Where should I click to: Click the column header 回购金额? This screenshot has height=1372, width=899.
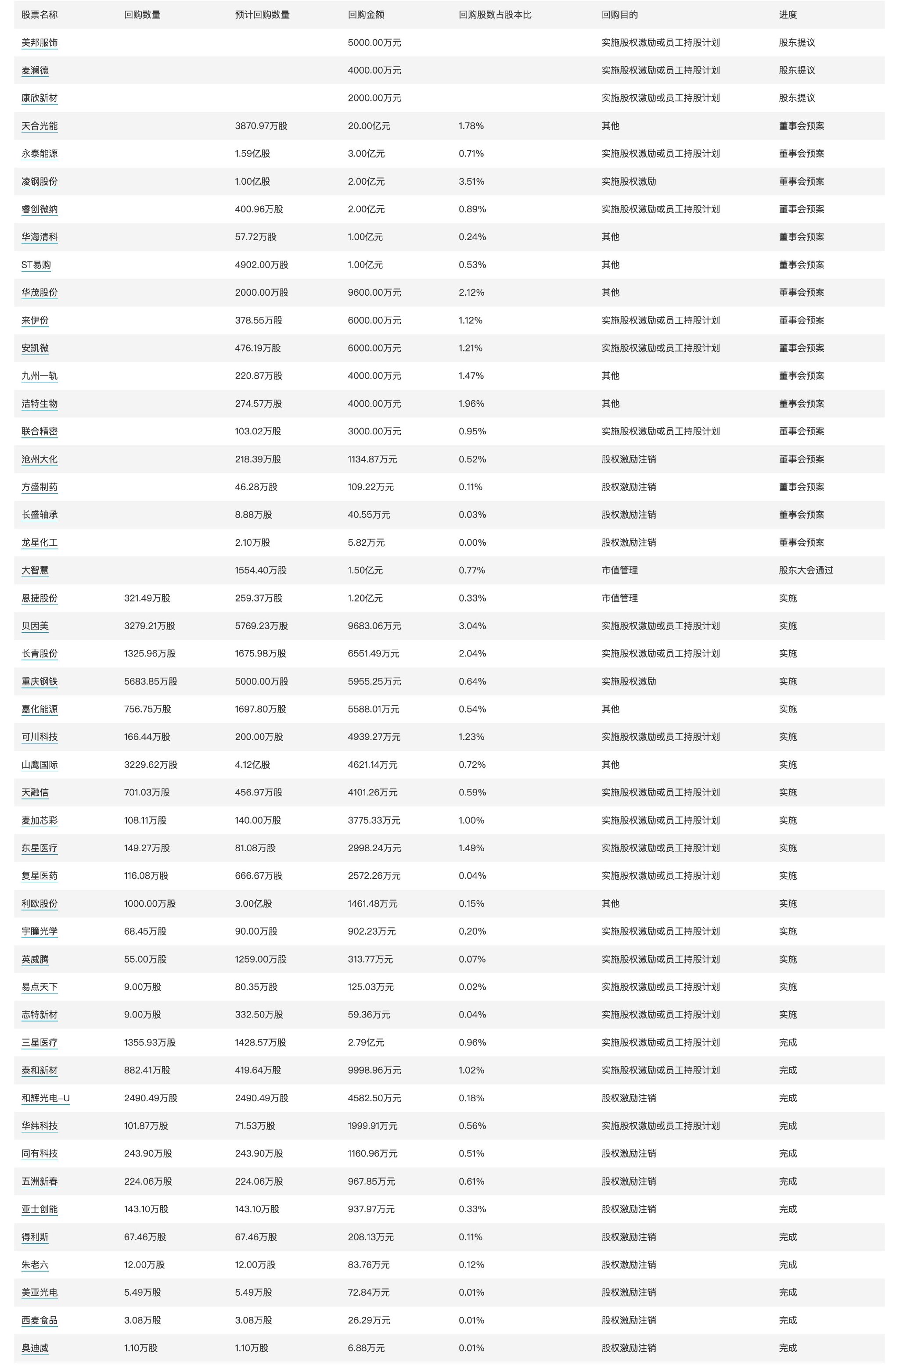pyautogui.click(x=366, y=15)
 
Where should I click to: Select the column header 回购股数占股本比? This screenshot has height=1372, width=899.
pyautogui.click(x=495, y=15)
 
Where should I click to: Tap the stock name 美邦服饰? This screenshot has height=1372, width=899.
pyautogui.click(x=39, y=43)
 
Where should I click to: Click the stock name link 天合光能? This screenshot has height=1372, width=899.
pyautogui.click(x=39, y=125)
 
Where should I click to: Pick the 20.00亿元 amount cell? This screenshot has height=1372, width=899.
pyautogui.click(x=368, y=125)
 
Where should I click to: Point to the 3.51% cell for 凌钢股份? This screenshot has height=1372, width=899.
pyautogui.click(x=471, y=182)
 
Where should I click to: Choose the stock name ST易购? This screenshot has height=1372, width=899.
pyautogui.click(x=36, y=265)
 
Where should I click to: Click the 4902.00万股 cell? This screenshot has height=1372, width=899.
pyautogui.click(x=261, y=265)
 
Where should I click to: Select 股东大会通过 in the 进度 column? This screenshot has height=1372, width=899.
pyautogui.click(x=806, y=570)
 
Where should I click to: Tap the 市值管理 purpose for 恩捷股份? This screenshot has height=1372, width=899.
pyautogui.click(x=619, y=598)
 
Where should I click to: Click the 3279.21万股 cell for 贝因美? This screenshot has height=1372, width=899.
pyautogui.click(x=149, y=626)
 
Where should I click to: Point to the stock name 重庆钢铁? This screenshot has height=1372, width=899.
pyautogui.click(x=39, y=681)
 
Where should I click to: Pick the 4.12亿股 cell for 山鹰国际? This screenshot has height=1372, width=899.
pyautogui.click(x=252, y=764)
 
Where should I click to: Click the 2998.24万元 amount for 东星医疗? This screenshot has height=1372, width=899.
pyautogui.click(x=374, y=848)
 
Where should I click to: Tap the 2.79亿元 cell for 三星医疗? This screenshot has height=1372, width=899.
pyautogui.click(x=366, y=1042)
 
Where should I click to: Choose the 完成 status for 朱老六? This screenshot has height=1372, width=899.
pyautogui.click(x=787, y=1265)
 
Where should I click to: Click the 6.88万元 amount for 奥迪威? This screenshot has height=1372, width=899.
pyautogui.click(x=366, y=1348)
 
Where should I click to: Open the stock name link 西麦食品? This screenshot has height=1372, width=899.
pyautogui.click(x=39, y=1320)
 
